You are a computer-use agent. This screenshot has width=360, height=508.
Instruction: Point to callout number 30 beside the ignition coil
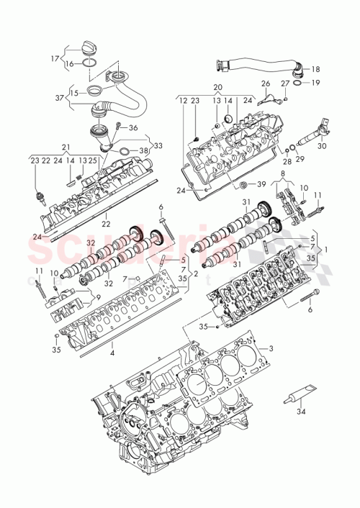coord(322,146)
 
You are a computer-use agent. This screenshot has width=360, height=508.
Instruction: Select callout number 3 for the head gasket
coord(271,348)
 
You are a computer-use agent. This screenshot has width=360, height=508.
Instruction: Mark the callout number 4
coord(112,353)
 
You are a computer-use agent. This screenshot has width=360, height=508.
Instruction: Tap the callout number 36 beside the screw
coord(132,127)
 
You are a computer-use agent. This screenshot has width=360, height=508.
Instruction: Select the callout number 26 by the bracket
coord(266,84)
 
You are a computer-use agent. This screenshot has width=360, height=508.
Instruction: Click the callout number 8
coord(283,173)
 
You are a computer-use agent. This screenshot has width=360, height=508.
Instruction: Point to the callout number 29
coord(300,158)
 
